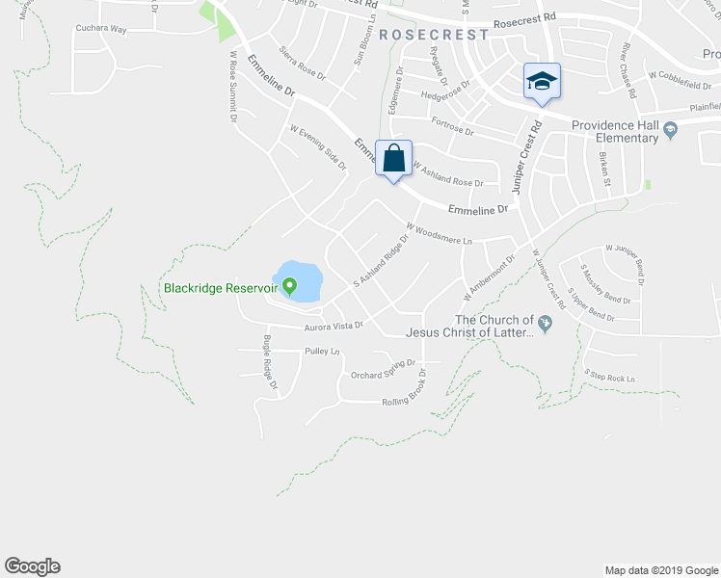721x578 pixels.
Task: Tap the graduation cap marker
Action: pos(542,82)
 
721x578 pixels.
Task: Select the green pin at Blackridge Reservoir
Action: pos(288,284)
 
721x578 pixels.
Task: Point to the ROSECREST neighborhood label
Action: pos(434,35)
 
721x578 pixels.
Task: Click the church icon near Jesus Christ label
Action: pos(546,326)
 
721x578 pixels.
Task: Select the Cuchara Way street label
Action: pos(101,29)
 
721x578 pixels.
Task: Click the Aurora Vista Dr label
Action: pos(333,327)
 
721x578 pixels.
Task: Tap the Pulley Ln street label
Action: pos(322,352)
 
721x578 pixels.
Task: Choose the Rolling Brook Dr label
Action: pos(416,396)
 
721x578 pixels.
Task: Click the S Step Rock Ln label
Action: pos(611,376)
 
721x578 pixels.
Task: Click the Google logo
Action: pos(32,566)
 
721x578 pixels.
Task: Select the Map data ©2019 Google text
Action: pos(660,570)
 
